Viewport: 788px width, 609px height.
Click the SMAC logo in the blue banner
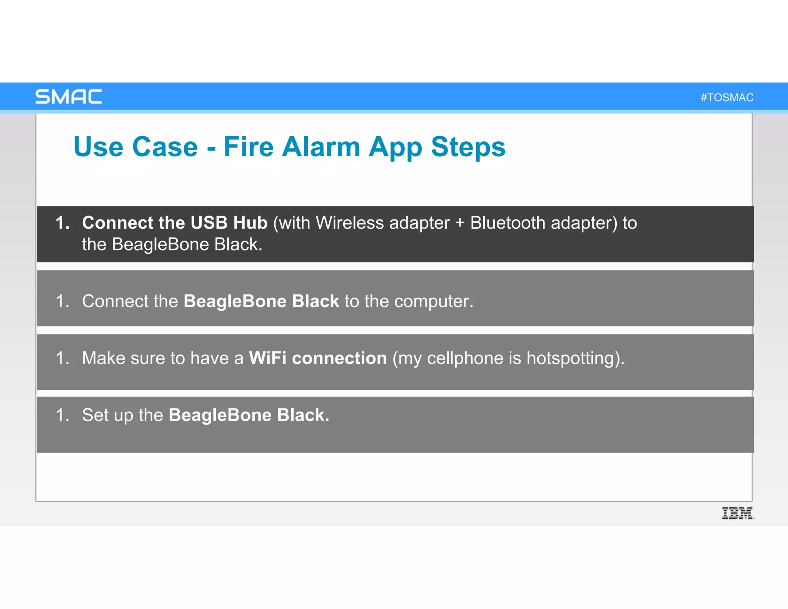tap(68, 97)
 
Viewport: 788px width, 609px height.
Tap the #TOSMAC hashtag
tap(727, 97)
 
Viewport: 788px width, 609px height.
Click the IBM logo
tap(738, 513)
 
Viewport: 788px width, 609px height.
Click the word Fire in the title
tap(249, 147)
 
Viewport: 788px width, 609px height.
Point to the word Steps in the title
tap(468, 147)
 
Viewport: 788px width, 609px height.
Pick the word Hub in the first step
tap(250, 223)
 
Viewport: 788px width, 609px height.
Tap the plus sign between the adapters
tap(460, 223)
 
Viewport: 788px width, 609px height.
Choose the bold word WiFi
tap(267, 358)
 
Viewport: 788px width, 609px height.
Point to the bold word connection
tap(339, 358)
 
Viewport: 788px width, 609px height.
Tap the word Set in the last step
tap(96, 415)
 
